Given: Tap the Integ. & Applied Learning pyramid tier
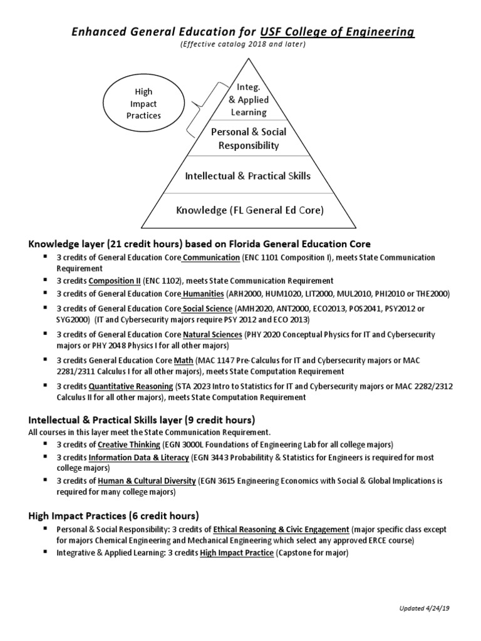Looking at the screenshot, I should pos(249,100).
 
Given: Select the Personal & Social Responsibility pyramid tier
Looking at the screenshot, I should pos(249,138).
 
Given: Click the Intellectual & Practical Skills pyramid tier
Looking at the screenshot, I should pos(248,176).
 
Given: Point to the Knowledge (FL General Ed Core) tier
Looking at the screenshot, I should pos(249,210).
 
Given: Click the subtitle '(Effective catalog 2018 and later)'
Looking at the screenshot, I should pos(240,45).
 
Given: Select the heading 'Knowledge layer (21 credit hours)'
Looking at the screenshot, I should pos(106,243).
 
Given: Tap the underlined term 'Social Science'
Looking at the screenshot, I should pos(207,309).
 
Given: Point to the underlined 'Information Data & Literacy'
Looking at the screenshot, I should pos(139,458).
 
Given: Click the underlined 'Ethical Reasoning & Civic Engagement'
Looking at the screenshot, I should pos(281,529).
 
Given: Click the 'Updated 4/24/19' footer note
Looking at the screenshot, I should pos(429,609).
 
